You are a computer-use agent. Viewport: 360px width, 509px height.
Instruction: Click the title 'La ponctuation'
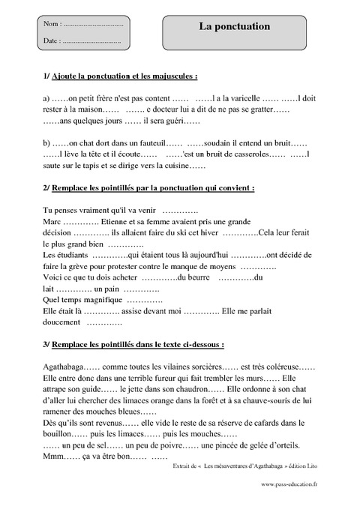point(235,26)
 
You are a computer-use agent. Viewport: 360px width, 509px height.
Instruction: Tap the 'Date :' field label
point(52,40)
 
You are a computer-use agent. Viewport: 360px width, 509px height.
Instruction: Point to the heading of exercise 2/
point(149,187)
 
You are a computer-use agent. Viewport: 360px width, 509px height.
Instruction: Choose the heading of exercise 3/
point(133,345)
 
